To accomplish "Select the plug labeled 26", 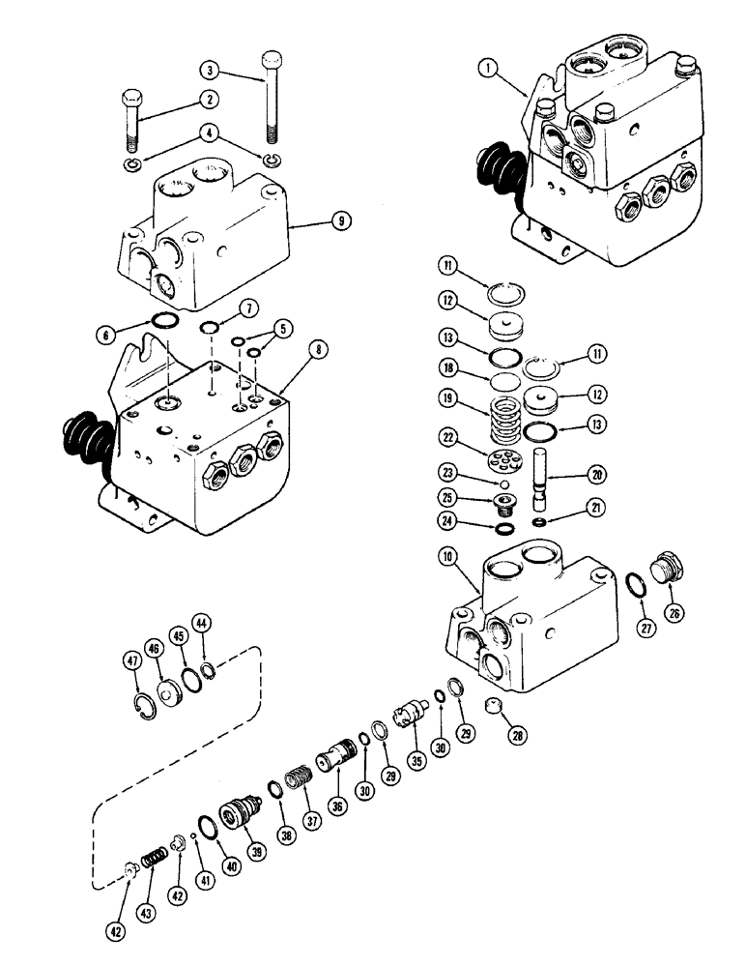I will pos(667,568).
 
